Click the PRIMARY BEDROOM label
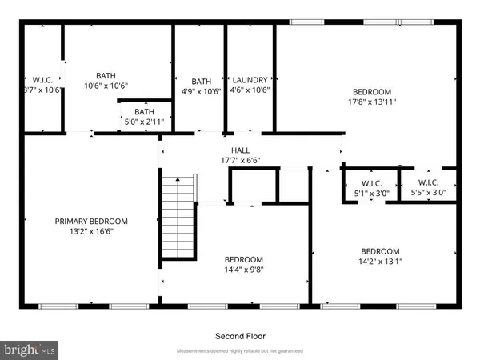click(90, 222)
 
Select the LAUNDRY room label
click(250, 80)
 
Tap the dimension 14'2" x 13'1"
click(379, 261)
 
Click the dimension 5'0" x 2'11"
click(144, 122)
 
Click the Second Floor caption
click(240, 336)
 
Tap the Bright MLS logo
click(30, 349)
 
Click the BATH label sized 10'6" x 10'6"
click(106, 75)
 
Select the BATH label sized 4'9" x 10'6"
click(202, 81)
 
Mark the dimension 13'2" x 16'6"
click(90, 232)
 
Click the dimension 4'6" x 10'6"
click(250, 90)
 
